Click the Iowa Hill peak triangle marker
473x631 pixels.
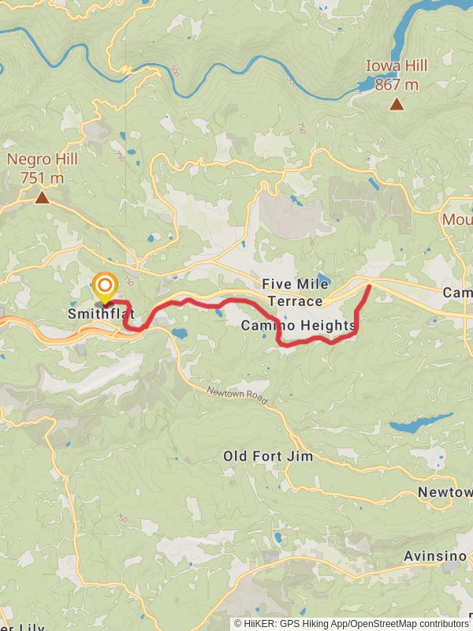click(x=397, y=104)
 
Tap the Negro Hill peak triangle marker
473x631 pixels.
click(x=42, y=197)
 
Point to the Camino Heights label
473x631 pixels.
click(x=299, y=325)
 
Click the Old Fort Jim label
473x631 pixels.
click(x=268, y=456)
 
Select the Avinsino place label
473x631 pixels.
click(x=435, y=556)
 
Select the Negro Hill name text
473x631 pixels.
click(x=43, y=160)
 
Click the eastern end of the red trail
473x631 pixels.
click(x=370, y=286)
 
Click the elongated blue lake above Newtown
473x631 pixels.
click(x=421, y=423)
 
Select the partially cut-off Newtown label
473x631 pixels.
click(x=445, y=491)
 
